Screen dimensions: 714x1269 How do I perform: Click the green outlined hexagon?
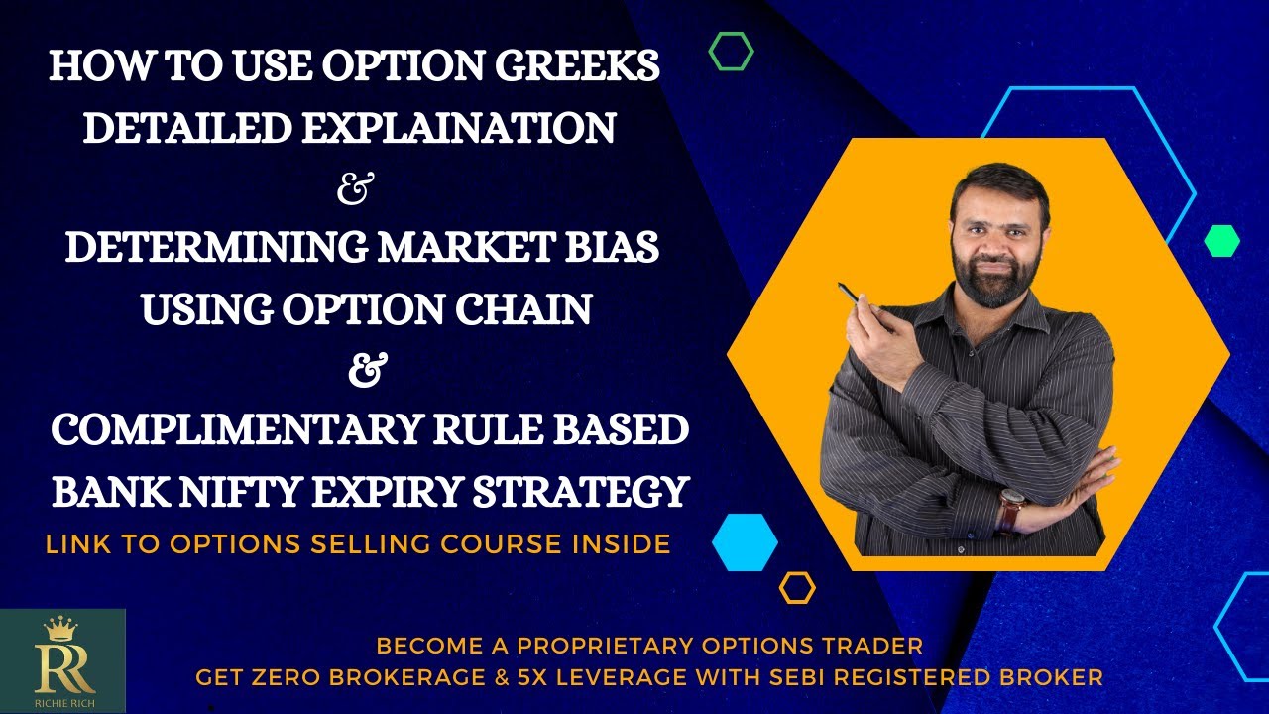[732, 52]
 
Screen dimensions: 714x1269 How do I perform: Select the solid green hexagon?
[1221, 241]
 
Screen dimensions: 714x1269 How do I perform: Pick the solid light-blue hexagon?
[745, 542]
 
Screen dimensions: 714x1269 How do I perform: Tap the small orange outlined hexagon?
[797, 588]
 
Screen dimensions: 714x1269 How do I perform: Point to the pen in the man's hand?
[851, 294]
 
